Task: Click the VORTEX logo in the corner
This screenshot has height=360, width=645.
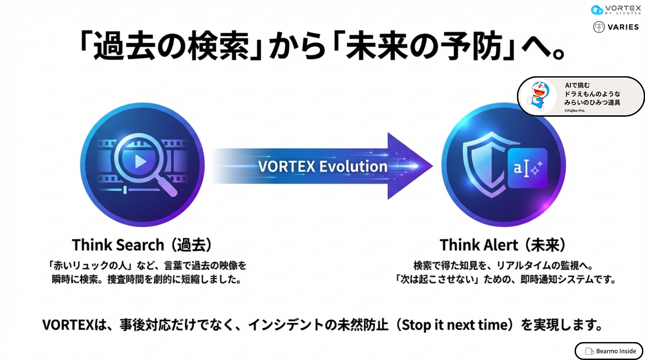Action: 616,9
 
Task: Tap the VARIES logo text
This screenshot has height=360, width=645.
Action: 623,27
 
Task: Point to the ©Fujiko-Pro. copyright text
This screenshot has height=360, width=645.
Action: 575,110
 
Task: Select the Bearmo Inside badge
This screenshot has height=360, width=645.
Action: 609,351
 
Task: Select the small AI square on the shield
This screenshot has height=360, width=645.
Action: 528,168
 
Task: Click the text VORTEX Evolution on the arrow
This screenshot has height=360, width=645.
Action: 322,166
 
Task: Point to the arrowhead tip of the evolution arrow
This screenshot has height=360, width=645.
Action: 432,166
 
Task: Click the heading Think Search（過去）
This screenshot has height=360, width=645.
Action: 142,245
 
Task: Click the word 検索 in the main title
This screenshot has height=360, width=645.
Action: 218,46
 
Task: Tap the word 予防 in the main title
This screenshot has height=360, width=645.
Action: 471,46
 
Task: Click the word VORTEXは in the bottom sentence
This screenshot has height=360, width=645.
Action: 75,325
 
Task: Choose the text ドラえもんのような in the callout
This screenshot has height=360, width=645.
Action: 592,94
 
